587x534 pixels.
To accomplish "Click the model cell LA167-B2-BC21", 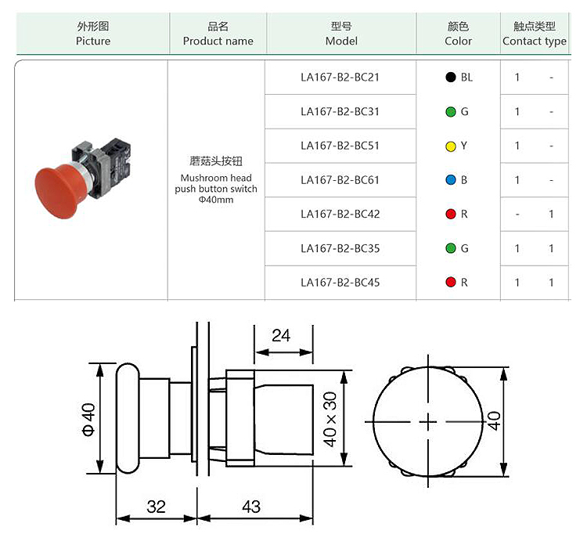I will point(340,78).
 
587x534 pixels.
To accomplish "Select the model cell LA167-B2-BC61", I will point(340,180).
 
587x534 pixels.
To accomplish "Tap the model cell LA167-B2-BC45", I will point(340,283).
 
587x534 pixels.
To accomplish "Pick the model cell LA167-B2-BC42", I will point(340,215).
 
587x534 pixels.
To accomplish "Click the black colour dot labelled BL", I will point(450,78).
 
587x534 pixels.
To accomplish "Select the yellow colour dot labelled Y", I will point(450,146).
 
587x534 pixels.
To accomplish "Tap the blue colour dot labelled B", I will point(450,180).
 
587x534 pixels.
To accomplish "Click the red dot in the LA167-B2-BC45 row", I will point(450,283).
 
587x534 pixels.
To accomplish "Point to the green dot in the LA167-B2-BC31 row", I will point(450,112).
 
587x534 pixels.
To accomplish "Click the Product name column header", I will point(218,34).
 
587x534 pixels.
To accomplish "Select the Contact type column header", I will point(535,34).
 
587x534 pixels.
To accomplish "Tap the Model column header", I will point(341,34).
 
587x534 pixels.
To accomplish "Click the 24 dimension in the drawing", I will point(280,335).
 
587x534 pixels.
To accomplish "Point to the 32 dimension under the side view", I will point(157,507).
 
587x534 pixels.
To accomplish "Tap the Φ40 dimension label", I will point(88,418).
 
